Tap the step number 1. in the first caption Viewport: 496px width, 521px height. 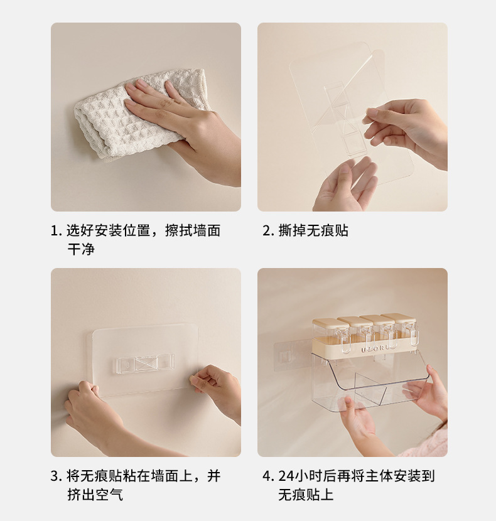[56, 230]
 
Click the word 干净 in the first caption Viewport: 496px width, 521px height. [81, 249]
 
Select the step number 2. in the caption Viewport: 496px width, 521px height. [268, 230]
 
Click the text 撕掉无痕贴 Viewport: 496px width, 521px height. [313, 230]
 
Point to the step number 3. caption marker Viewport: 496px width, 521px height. [56, 476]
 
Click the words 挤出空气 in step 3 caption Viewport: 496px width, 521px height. [95, 495]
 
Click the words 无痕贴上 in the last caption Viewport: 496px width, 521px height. [306, 495]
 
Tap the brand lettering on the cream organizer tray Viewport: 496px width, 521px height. [375, 349]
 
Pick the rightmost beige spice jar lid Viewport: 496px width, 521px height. [399, 318]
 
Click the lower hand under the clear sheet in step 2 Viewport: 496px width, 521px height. [346, 186]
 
